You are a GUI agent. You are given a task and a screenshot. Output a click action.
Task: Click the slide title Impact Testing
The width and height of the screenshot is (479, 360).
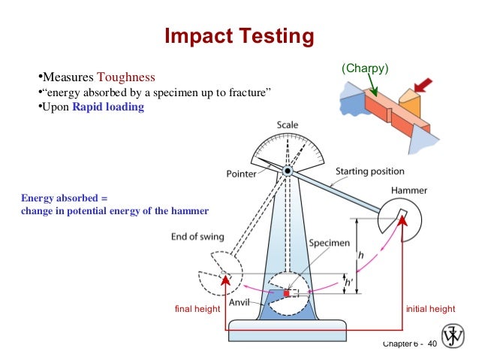pos(238,35)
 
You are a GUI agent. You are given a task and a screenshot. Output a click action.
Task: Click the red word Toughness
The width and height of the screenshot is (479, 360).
pos(125,77)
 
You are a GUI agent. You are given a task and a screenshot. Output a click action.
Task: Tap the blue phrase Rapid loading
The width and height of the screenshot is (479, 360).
pos(108,107)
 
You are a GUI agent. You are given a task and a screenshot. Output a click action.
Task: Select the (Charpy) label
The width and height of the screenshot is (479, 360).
pos(365,68)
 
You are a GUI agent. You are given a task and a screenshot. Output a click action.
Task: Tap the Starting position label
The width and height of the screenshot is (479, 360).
pos(369,171)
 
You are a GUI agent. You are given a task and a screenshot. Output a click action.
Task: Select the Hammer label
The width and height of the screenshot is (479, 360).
pos(410,191)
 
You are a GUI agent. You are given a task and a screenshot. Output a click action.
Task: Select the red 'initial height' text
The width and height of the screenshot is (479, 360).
pos(430,309)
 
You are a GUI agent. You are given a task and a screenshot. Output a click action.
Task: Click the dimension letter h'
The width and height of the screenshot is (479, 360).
pos(349,283)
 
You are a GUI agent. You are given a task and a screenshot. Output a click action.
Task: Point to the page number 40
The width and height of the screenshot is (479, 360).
pos(432,343)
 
